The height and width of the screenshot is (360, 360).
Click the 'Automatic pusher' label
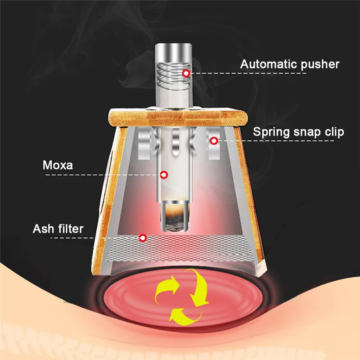pyautogui.click(x=289, y=64)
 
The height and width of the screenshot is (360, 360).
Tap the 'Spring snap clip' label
pyautogui.click(x=298, y=132)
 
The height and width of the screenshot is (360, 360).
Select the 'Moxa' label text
pyautogui.click(x=58, y=165)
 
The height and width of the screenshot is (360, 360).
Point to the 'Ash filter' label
pyautogui.click(x=58, y=229)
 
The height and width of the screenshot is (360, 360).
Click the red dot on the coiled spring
pyautogui.click(x=185, y=73)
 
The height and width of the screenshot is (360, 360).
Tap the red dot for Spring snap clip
pyautogui.click(x=214, y=141)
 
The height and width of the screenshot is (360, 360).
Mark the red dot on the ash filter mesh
pyautogui.click(x=143, y=237)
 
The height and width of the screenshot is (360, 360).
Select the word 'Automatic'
pyautogui.click(x=268, y=64)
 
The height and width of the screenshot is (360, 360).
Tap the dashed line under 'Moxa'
pyautogui.click(x=103, y=174)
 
